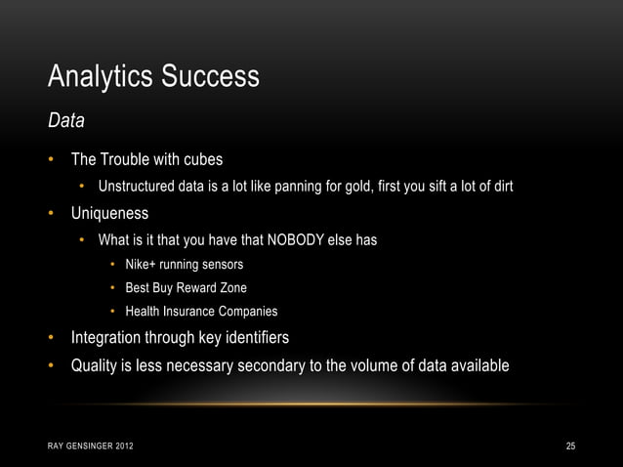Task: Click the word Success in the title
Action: [214, 76]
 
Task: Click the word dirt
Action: [499, 187]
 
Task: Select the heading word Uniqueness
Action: [109, 213]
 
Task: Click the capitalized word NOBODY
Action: [294, 240]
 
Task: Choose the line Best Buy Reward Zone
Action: [186, 288]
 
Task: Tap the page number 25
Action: [571, 447]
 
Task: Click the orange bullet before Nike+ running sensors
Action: [113, 265]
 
